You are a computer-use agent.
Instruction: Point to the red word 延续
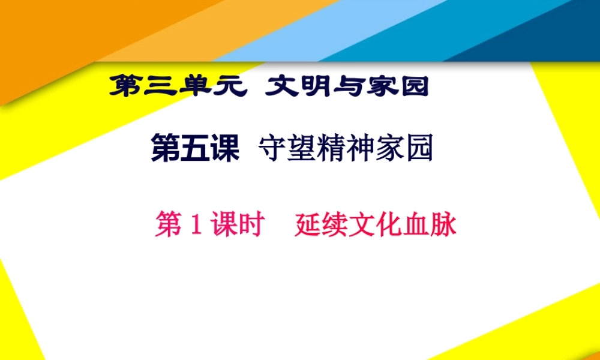point(314,226)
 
